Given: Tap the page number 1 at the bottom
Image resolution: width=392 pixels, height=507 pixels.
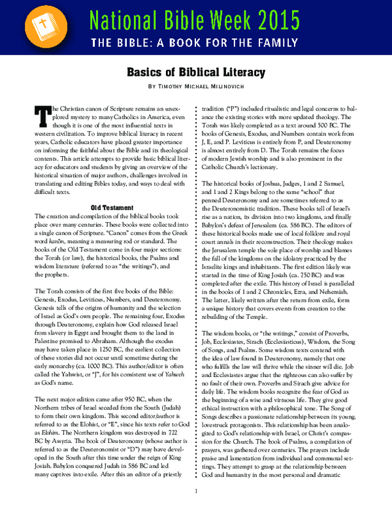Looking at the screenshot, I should coord(196,492).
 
